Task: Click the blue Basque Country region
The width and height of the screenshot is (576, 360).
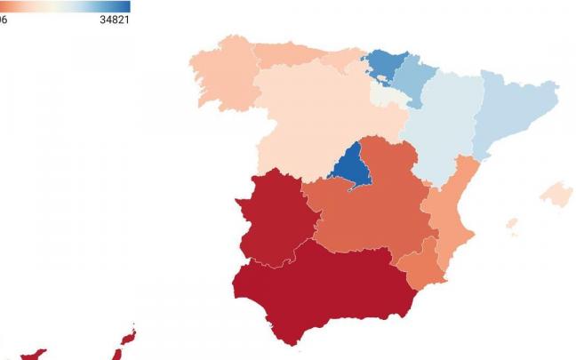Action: pyautogui.click(x=384, y=64)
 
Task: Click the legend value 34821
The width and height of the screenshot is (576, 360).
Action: pyautogui.click(x=115, y=20)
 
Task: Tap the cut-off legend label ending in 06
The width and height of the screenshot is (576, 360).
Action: pyautogui.click(x=4, y=20)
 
